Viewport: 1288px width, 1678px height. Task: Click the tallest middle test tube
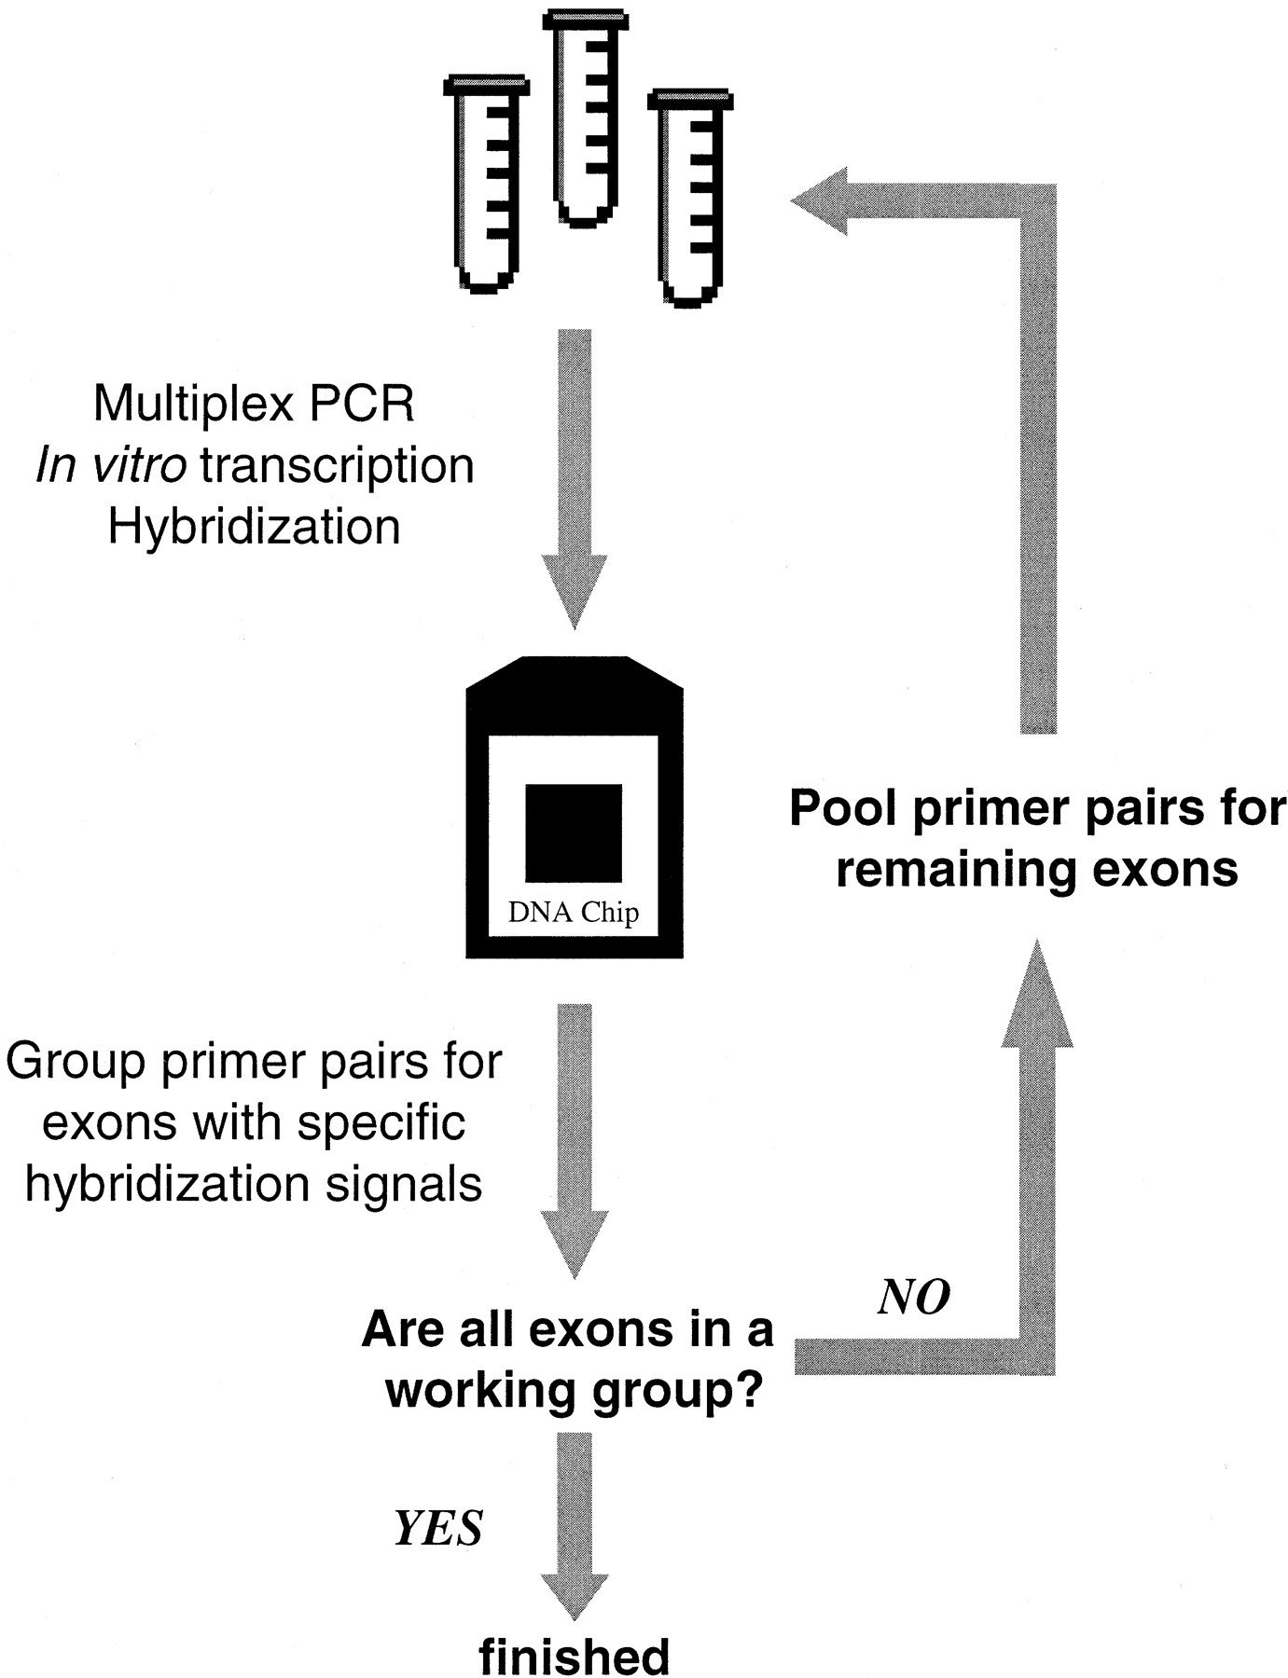[584, 117]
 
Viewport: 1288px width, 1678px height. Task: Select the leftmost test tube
[486, 182]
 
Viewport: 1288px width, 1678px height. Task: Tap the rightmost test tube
[690, 196]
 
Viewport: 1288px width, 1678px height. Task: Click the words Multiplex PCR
[254, 404]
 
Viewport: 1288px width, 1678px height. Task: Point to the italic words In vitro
[110, 464]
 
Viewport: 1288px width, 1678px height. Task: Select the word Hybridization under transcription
[254, 526]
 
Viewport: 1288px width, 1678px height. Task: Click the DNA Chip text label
[574, 911]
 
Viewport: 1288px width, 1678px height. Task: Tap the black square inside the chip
[574, 832]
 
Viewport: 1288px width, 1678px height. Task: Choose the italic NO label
[914, 1297]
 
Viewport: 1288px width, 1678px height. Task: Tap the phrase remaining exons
[1037, 869]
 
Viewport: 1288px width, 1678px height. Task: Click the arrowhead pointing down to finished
[575, 1593]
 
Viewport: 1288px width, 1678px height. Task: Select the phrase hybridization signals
[254, 1183]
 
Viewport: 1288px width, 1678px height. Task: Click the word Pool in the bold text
[845, 807]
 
